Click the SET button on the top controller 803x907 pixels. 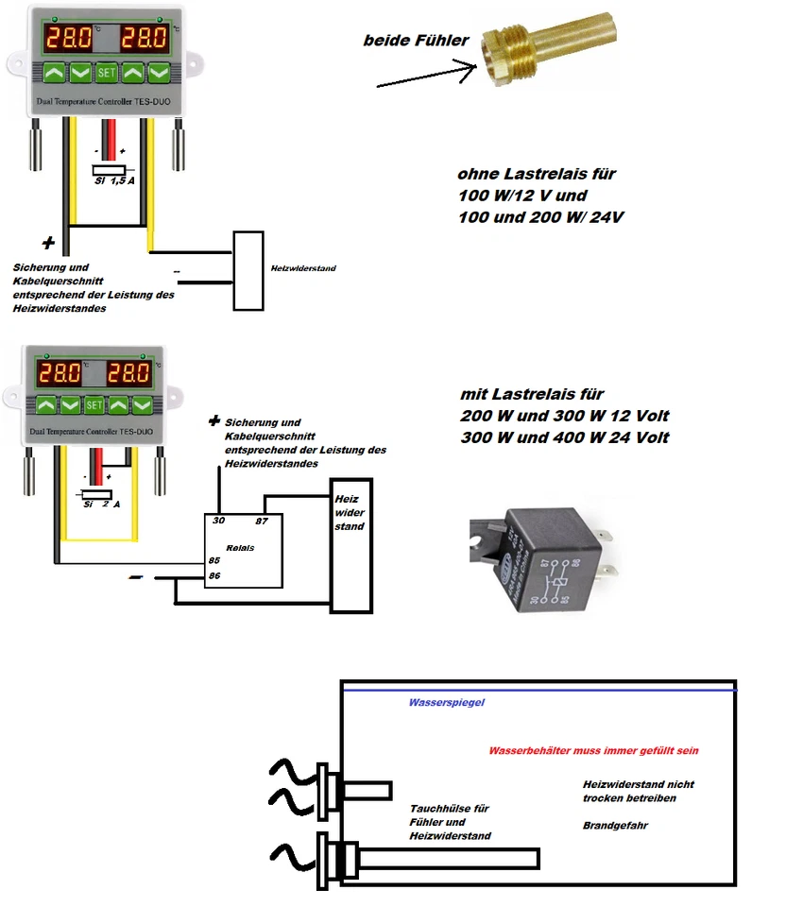click(x=107, y=72)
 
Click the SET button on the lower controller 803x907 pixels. click(x=94, y=405)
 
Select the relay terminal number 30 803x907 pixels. click(x=218, y=521)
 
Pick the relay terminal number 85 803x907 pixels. click(x=214, y=560)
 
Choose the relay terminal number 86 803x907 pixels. click(x=214, y=575)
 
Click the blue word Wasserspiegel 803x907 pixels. click(x=446, y=703)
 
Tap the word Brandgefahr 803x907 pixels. click(x=615, y=825)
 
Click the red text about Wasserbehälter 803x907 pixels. click(x=593, y=751)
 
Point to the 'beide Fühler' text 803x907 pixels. click(x=416, y=42)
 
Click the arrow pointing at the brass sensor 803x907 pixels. click(x=425, y=76)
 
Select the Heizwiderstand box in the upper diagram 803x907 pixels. click(x=249, y=270)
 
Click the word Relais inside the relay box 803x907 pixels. click(x=240, y=547)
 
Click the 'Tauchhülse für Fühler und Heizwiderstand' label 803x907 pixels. click(x=450, y=822)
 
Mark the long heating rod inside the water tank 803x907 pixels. click(x=444, y=859)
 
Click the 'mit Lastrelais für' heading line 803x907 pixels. click(x=532, y=394)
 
